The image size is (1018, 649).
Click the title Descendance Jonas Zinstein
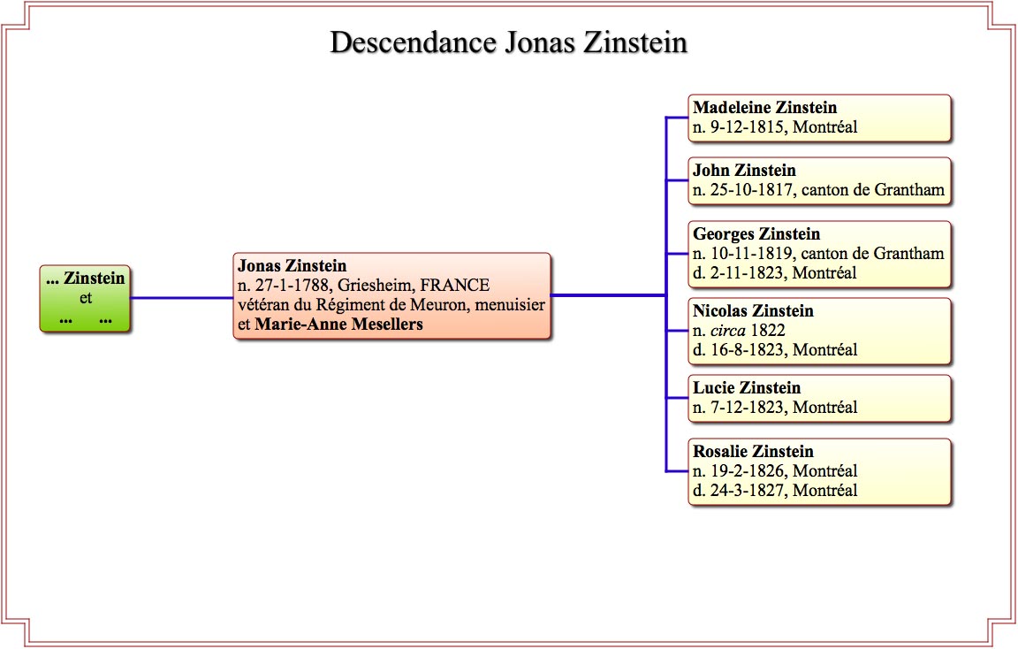coord(508,42)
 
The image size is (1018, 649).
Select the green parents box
coord(85,298)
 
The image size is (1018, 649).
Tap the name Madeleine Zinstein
coord(764,107)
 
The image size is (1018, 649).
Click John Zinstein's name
coord(744,171)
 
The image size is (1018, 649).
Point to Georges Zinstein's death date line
coord(774,273)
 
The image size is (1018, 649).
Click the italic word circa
coord(728,331)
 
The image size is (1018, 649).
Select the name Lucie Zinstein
coord(747,388)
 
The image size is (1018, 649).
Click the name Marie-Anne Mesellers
coord(339,324)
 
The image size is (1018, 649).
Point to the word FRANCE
coord(454,286)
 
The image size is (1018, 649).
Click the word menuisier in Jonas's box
coord(510,305)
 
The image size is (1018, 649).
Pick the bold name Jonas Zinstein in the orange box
coord(292,266)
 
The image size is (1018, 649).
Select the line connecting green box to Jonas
coord(182,298)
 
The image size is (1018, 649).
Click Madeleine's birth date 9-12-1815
coord(747,126)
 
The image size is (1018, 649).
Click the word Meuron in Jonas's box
coord(440,305)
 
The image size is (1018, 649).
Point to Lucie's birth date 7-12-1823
coord(747,408)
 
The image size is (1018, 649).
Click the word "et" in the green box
coord(86,298)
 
